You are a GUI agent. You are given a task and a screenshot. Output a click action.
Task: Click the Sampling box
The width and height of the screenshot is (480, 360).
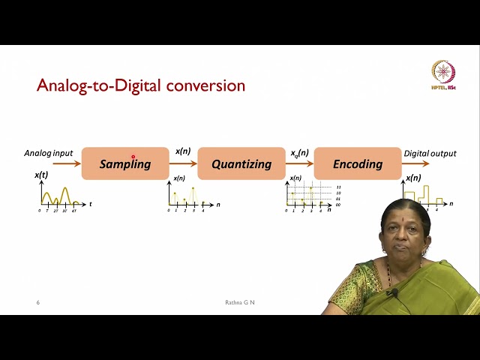[125, 163]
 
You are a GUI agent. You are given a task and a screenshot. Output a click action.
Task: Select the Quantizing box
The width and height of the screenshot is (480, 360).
[241, 163]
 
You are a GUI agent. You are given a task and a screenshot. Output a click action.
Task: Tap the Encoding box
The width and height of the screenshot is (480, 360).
[358, 163]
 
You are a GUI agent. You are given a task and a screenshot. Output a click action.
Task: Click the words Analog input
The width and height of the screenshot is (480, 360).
[48, 153]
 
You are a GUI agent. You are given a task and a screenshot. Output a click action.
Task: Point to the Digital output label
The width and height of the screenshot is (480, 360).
[430, 153]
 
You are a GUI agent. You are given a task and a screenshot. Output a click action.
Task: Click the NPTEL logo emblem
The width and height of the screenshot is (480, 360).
[443, 73]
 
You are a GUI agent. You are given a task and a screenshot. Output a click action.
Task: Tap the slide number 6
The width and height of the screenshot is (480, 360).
[38, 302]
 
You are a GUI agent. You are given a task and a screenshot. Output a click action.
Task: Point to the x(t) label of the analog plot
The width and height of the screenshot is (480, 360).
[40, 175]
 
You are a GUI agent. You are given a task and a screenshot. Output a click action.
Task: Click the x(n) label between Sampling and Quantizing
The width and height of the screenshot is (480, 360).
[183, 151]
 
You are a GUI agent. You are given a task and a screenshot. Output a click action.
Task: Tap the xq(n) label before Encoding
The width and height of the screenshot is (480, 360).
[299, 153]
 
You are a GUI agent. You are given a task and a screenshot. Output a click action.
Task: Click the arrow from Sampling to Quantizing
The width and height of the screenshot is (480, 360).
[184, 163]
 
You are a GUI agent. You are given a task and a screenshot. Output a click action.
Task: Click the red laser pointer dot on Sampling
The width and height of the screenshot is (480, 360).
[133, 157]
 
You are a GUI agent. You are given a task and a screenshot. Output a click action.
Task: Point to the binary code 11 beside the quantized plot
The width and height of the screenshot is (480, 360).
[339, 187]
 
